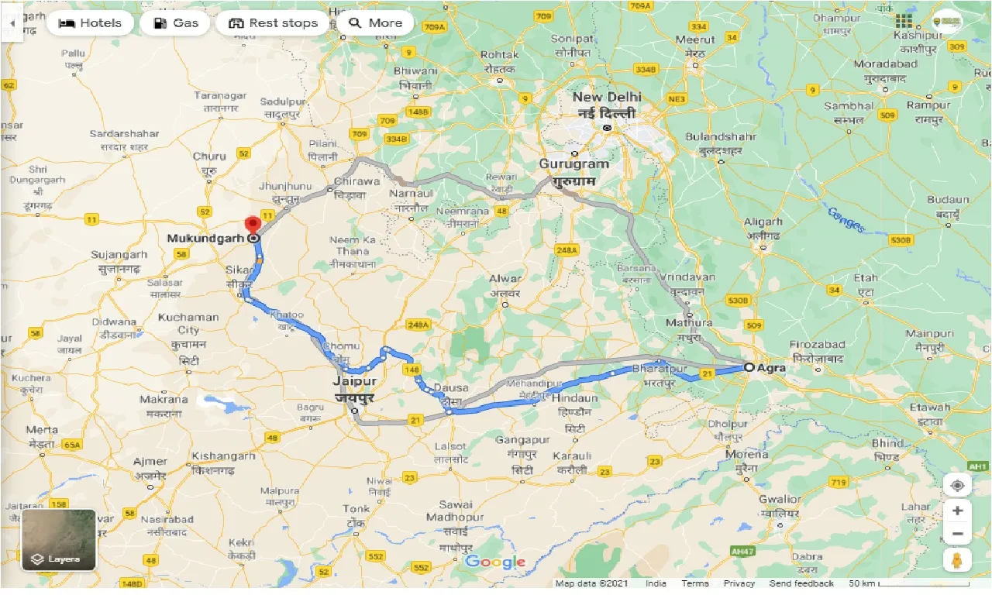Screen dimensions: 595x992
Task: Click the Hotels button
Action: pos(90,23)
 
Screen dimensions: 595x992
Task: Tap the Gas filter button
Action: pos(175,23)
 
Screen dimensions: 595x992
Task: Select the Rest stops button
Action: pos(274,23)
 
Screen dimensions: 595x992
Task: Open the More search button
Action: pos(375,23)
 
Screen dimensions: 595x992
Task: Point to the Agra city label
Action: pos(772,368)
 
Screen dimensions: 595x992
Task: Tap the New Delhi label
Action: pos(607,98)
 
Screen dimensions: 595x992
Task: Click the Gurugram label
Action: pos(574,164)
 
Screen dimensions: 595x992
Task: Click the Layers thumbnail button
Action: pos(59,539)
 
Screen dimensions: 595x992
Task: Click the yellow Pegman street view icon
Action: pos(957,559)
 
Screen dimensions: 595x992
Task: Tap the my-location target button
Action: pos(957,486)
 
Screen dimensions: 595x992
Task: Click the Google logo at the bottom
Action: pos(495,562)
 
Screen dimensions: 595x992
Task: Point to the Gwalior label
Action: pos(780,500)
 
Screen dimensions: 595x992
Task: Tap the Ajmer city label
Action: pos(150,463)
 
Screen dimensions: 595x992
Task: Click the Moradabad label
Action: pos(886,64)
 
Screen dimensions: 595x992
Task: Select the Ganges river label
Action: pos(845,218)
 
